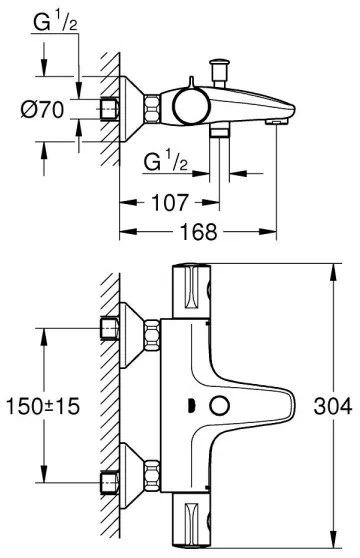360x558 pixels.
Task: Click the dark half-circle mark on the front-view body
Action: [x=189, y=407]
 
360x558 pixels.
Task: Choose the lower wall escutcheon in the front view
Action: [x=126, y=471]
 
